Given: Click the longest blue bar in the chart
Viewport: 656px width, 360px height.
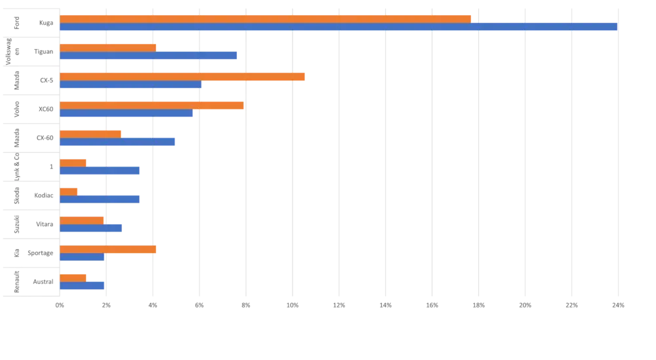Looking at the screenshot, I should pyautogui.click(x=338, y=27).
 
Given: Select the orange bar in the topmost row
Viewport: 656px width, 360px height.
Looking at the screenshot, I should pyautogui.click(x=266, y=18).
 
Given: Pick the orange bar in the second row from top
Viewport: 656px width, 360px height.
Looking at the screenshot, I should pyautogui.click(x=108, y=47).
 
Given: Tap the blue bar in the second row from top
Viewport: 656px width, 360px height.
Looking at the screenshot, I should pyautogui.click(x=149, y=56).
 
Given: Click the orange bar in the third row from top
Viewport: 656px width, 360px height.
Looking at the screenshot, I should pyautogui.click(x=183, y=76).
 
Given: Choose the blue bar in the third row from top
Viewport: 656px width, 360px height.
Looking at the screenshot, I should pyautogui.click(x=132, y=85).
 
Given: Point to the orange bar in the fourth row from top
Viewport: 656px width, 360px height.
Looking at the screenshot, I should pyautogui.click(x=152, y=105).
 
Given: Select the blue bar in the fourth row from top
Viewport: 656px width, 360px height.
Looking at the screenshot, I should pyautogui.click(x=127, y=114).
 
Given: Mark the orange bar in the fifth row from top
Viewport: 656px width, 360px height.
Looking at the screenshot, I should pyautogui.click(x=91, y=134).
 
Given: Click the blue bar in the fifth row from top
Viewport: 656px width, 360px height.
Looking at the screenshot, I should pyautogui.click(x=119, y=142).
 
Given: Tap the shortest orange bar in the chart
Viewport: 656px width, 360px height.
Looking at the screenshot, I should pyautogui.click(x=70, y=191).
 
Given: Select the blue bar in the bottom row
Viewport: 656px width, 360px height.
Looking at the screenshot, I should pyautogui.click(x=83, y=285).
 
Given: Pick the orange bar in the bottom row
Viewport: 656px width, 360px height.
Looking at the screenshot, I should pyautogui.click(x=74, y=277).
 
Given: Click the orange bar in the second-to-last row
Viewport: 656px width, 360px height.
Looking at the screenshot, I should pyautogui.click(x=108, y=249).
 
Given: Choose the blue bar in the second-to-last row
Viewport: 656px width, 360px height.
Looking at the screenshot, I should pyautogui.click(x=83, y=257).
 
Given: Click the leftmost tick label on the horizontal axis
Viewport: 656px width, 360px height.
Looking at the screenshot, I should pyautogui.click(x=60, y=305).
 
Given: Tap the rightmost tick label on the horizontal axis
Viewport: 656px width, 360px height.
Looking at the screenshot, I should pyautogui.click(x=616, y=305).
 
